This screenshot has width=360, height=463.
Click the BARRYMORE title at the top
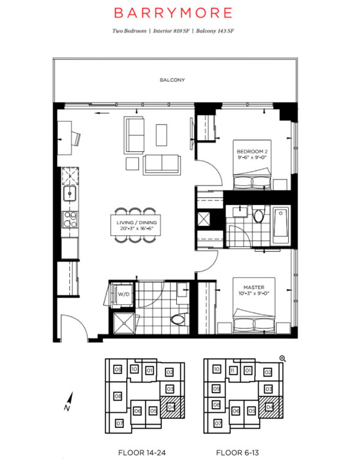coord(173,13)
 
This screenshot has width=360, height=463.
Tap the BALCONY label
coord(172,80)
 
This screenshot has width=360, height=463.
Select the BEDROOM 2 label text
coord(252,151)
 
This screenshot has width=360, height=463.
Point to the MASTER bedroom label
coord(253,287)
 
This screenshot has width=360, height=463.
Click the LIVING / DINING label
coord(137,223)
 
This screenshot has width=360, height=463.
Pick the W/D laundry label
coord(124,295)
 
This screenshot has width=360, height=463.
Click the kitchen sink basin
coord(70,194)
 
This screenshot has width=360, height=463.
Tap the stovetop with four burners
coord(70,220)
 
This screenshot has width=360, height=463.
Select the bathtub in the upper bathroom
coord(281,225)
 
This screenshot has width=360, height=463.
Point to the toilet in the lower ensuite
coord(179,320)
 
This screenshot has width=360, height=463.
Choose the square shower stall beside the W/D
coord(124,323)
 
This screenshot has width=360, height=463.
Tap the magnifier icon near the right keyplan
coord(283,359)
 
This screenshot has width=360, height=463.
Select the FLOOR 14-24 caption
coord(142,453)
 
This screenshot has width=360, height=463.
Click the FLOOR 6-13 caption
coord(238,453)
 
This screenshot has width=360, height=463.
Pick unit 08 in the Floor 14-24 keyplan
coord(118,396)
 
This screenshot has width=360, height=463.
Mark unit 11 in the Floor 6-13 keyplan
coord(233,370)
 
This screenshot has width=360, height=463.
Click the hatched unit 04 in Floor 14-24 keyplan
coord(172,407)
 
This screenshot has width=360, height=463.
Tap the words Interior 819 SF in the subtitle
coord(171,31)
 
